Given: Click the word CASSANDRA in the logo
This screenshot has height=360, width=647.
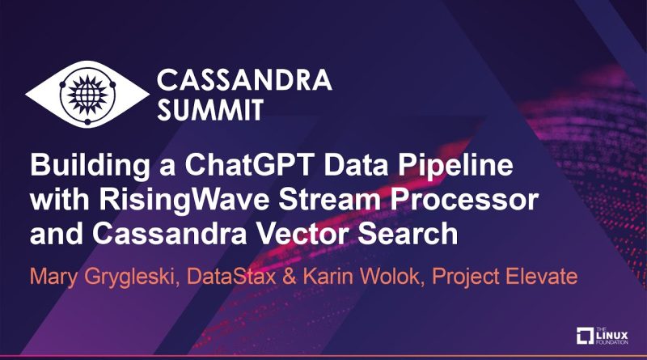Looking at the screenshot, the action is click(244, 79).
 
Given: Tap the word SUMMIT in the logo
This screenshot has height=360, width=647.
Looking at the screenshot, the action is click(210, 110).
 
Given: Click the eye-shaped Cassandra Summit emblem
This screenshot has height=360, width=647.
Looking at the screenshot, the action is click(87, 94).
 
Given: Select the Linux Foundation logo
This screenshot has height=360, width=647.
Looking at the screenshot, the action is click(602, 336).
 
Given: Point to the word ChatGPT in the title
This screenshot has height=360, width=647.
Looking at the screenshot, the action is click(246, 165).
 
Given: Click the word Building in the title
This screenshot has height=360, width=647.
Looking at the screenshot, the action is click(90, 166).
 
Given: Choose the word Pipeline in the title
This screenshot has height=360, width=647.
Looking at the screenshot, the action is click(455, 166).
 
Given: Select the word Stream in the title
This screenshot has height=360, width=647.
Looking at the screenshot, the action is click(329, 199).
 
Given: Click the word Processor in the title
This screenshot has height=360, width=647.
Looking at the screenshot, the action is click(464, 199).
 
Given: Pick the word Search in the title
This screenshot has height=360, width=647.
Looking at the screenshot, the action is click(408, 234).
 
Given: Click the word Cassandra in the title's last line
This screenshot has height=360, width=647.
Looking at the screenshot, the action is click(170, 234).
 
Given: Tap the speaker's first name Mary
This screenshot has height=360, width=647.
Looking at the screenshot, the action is click(53, 277).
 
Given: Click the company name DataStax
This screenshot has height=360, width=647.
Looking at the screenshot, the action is click(231, 276).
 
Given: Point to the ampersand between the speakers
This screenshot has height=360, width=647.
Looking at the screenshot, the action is click(290, 277).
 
